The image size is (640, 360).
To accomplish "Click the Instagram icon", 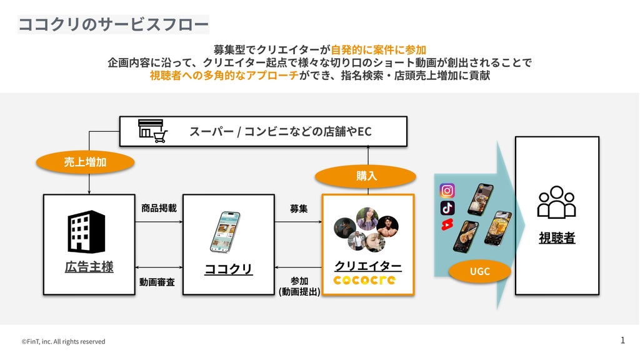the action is [447, 191].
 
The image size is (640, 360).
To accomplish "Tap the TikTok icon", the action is [447, 207].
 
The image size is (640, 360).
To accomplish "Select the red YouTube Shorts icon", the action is [447, 224].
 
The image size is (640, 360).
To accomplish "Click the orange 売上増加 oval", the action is [85, 162].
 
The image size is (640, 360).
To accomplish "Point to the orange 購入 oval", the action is [366, 176].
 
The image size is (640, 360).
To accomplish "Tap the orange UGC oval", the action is [479, 271].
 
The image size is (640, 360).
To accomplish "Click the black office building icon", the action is [86, 231].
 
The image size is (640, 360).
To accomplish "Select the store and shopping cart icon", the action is [152, 131].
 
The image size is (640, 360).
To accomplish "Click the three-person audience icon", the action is [556, 202].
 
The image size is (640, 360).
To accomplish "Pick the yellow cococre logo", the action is [364, 280].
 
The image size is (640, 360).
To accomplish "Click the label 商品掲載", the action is [159, 208].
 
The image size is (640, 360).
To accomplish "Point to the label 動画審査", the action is [157, 282].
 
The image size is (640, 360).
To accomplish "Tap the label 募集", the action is [299, 209].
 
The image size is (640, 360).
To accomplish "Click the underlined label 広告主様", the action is [89, 267].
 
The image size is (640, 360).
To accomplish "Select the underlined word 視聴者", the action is [557, 237].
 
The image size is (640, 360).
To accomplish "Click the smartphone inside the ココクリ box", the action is [225, 232].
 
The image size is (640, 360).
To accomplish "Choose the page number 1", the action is [622, 340].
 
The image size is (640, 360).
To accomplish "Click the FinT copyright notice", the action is [63, 342].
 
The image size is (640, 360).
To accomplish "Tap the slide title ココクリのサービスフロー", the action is [114, 24].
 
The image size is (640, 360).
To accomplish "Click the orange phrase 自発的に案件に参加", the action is [378, 50].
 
